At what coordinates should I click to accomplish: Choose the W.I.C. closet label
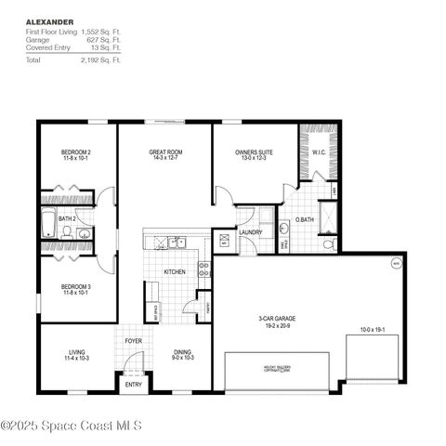point(318,151)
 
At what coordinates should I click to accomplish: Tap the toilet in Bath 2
point(83,234)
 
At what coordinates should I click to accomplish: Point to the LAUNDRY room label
point(249,232)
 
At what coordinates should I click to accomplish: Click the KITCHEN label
point(176,271)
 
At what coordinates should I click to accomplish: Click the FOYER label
point(133,341)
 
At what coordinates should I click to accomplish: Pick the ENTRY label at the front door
point(133,384)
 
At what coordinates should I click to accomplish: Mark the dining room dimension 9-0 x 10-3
point(182,358)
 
